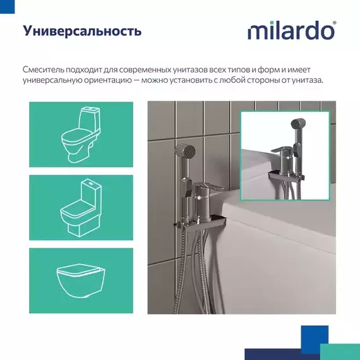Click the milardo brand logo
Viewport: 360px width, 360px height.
(x=291, y=30)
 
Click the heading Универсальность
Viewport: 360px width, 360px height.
(x=82, y=31)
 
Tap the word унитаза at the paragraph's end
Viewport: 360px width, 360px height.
(x=306, y=80)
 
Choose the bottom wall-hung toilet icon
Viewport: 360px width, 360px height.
(x=81, y=278)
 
